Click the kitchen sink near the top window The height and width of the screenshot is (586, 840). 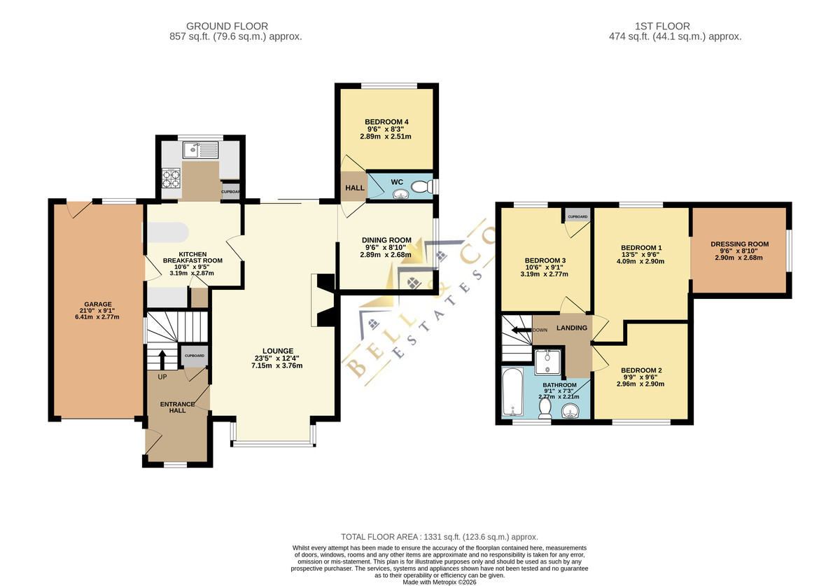[x=201, y=150]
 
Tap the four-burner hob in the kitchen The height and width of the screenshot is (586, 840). [x=171, y=179]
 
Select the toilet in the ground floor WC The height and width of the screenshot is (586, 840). [x=422, y=186]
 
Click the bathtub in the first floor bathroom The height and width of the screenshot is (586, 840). [x=512, y=392]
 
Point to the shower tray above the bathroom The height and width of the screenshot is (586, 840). [x=548, y=362]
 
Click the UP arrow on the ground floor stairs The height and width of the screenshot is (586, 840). [x=162, y=360]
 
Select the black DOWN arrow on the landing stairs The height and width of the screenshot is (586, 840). [x=522, y=330]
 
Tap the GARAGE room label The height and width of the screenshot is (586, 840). [x=98, y=305]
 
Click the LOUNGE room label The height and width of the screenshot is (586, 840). [x=278, y=351]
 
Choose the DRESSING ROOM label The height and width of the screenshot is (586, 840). [x=740, y=244]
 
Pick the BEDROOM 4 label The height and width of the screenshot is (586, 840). [x=386, y=122]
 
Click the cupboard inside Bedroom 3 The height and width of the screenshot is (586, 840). [x=577, y=216]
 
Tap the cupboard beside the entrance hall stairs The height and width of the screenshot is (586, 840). [x=195, y=356]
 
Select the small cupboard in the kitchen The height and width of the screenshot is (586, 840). [x=230, y=192]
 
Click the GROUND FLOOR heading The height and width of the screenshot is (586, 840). [x=227, y=27]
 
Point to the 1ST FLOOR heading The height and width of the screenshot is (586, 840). [x=662, y=27]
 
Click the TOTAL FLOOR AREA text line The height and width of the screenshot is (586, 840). [x=439, y=537]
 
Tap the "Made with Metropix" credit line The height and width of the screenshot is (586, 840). [x=440, y=582]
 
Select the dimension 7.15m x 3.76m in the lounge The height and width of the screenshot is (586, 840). [x=276, y=365]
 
